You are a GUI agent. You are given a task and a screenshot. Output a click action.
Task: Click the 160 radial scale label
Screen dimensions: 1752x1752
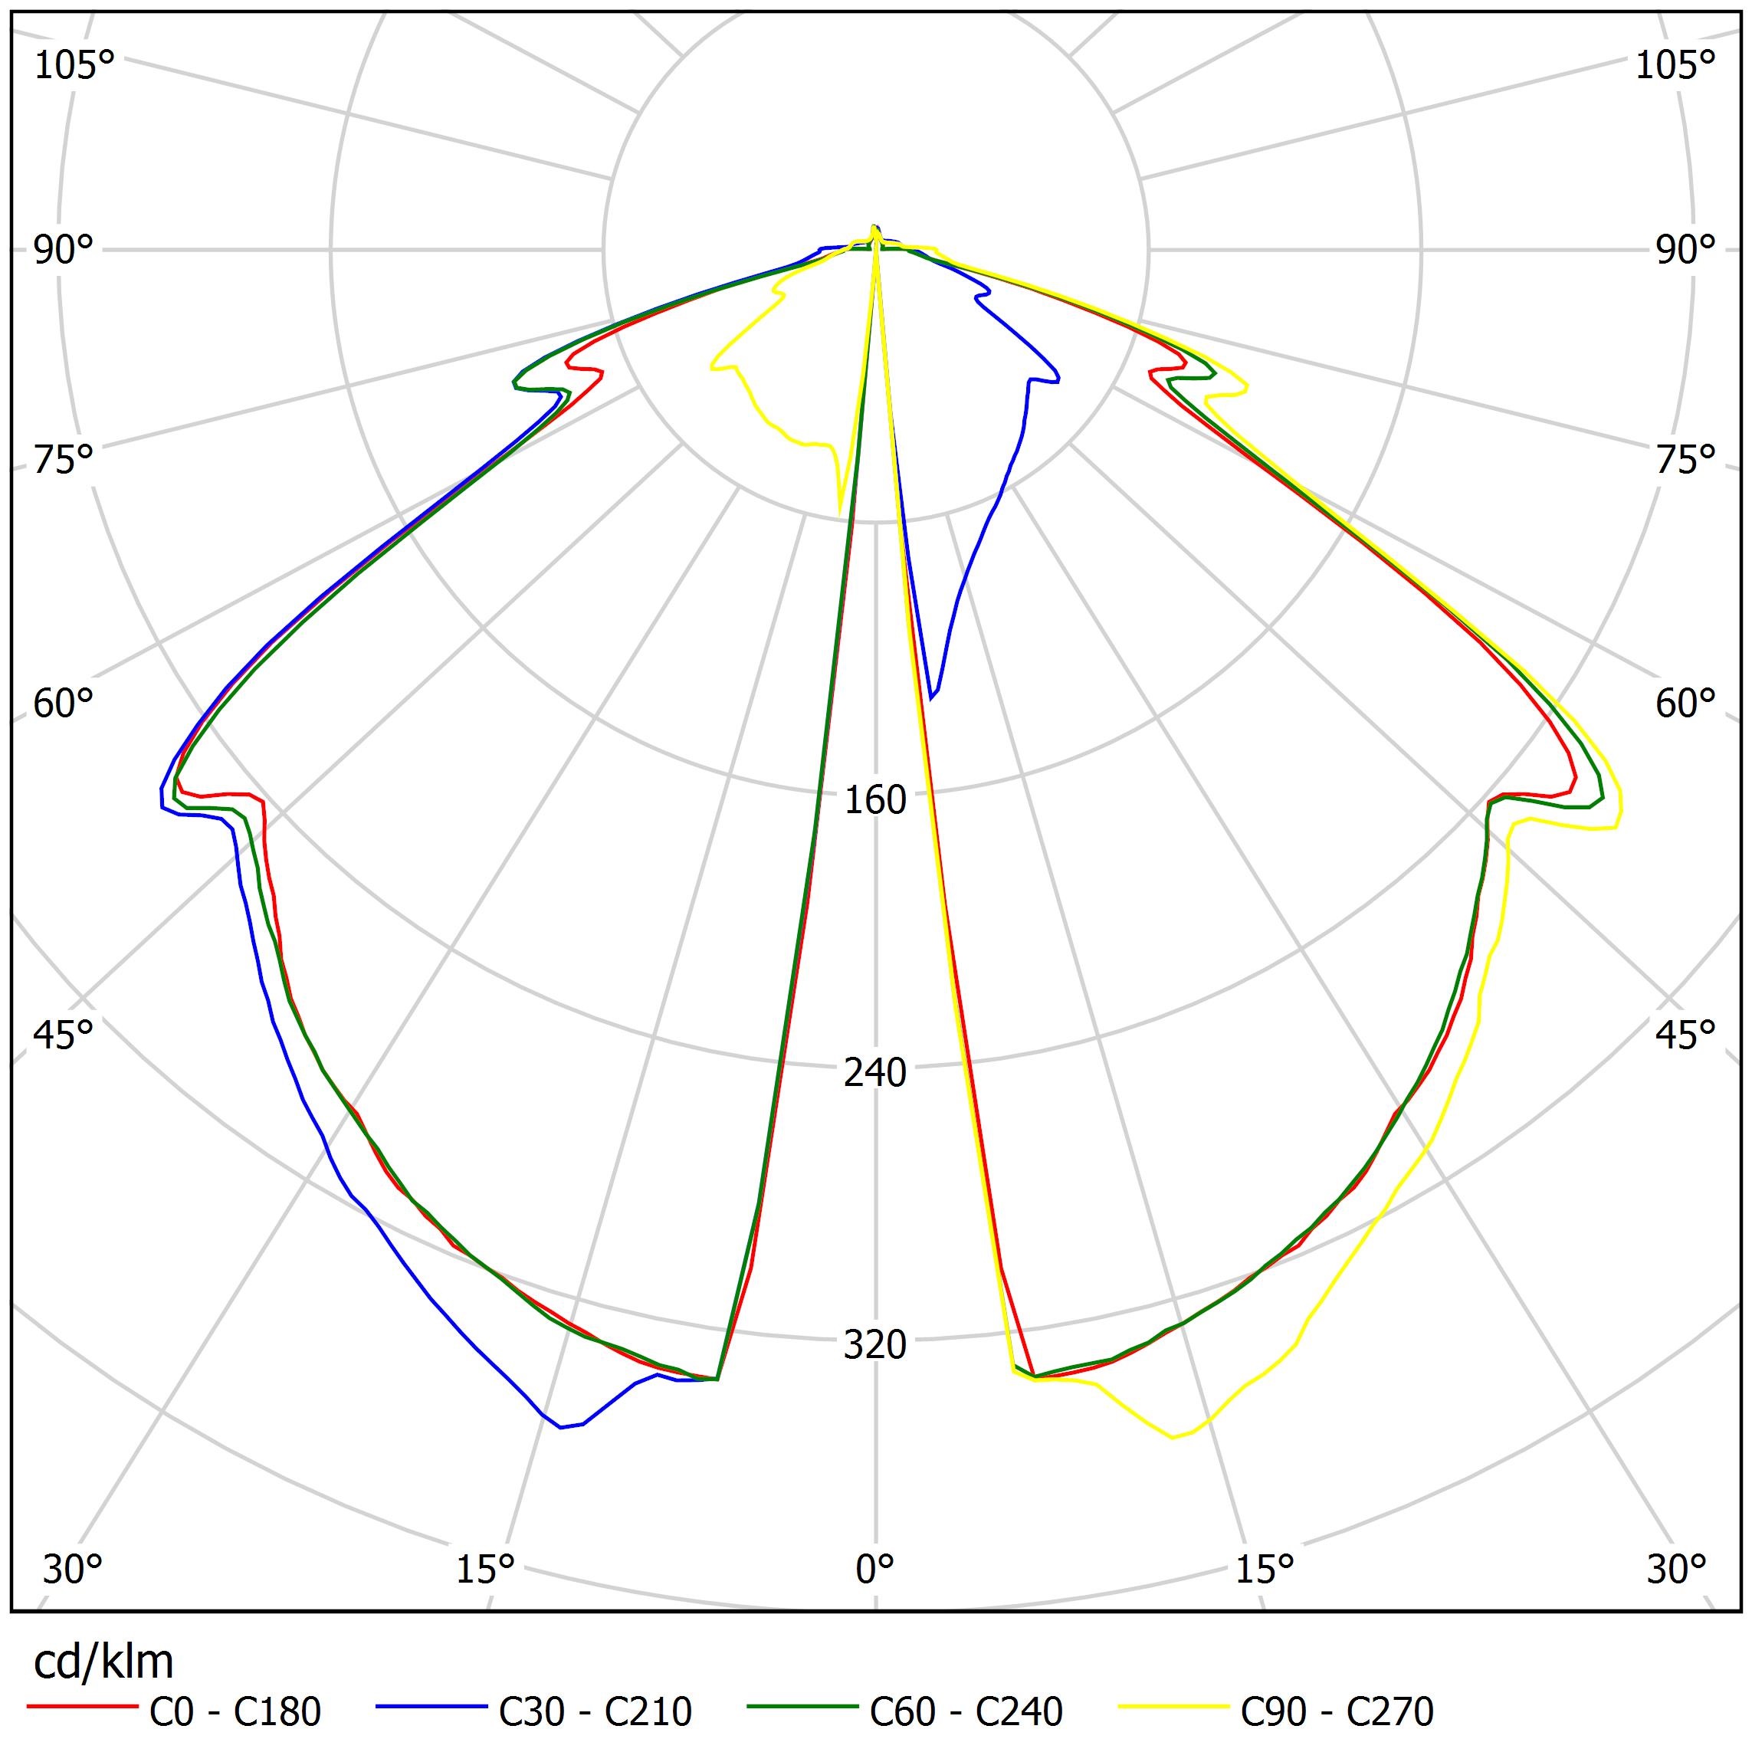tap(875, 801)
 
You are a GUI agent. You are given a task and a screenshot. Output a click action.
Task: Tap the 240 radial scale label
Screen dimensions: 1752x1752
tap(875, 1074)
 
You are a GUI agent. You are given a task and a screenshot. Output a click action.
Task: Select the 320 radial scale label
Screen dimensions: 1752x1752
tap(875, 1346)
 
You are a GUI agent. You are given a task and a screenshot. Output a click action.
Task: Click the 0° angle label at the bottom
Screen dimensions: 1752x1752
tap(875, 1568)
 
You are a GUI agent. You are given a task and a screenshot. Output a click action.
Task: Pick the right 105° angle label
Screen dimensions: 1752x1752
tap(1676, 66)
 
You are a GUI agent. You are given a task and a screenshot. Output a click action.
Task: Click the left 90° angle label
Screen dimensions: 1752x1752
tap(64, 251)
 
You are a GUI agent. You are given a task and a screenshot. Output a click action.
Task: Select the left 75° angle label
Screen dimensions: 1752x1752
tap(64, 461)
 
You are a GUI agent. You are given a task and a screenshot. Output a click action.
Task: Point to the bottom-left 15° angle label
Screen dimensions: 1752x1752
tap(486, 1568)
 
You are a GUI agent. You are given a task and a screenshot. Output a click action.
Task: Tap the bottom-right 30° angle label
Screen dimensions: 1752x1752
tap(1677, 1568)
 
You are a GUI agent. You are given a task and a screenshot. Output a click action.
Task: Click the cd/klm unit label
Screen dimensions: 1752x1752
tap(103, 1663)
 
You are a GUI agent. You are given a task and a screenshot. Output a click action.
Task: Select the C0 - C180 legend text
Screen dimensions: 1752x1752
tap(235, 1712)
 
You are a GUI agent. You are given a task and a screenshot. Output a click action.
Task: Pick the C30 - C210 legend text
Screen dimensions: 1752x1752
tap(595, 1712)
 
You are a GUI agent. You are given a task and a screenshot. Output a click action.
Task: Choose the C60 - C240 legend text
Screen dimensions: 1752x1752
tap(966, 1712)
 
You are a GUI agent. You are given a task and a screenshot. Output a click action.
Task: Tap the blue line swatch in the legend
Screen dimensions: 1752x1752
tap(431, 1708)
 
